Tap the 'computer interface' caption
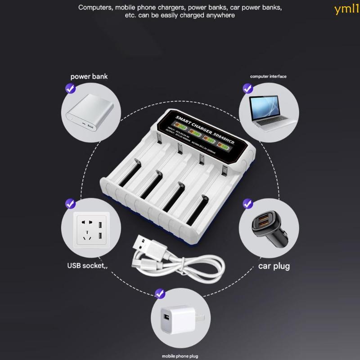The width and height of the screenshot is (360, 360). click(x=268, y=76)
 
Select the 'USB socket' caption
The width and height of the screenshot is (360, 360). click(x=88, y=266)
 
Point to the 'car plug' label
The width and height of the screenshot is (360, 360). click(x=274, y=266)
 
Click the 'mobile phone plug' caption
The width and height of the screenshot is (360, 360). click(x=180, y=355)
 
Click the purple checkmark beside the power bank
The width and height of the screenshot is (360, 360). click(x=70, y=89)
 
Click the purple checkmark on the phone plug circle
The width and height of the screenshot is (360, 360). click(x=159, y=294)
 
